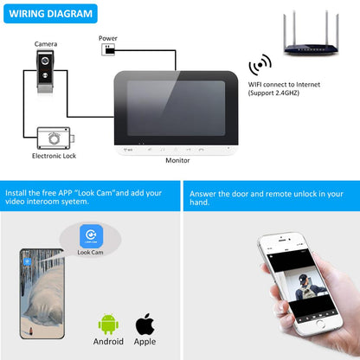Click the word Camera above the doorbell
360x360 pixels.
[46, 43]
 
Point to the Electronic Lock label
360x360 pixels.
[55, 156]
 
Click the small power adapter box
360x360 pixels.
[107, 49]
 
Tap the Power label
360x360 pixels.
[108, 38]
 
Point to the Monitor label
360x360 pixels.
[177, 160]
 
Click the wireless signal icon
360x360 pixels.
[258, 66]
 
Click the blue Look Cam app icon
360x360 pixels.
[89, 235]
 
